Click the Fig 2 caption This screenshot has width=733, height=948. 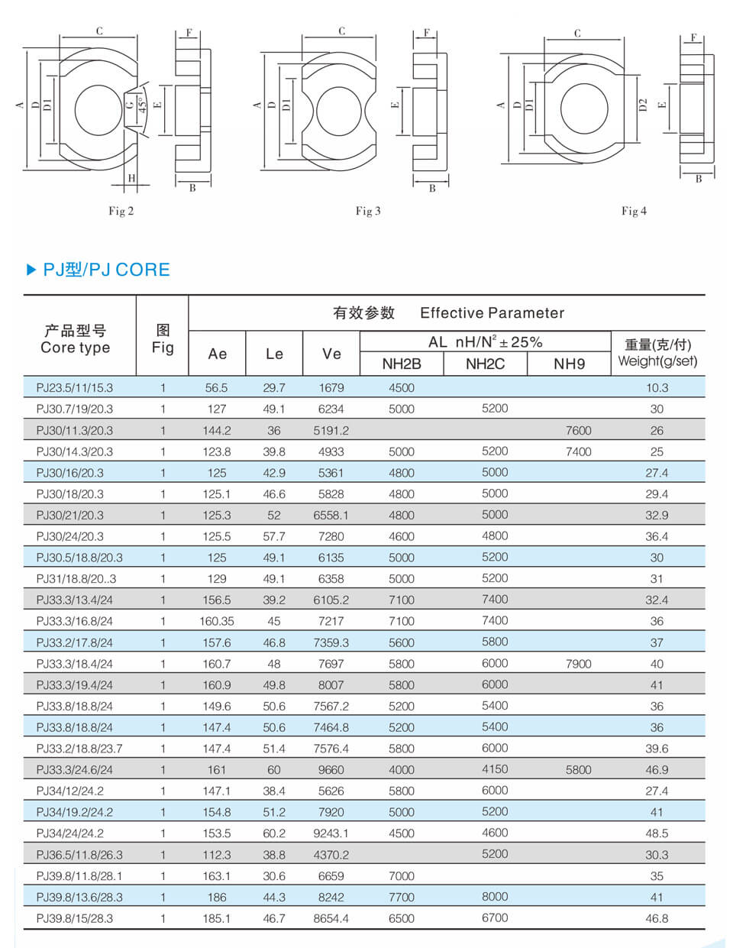121,211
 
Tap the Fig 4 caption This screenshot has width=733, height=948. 634,211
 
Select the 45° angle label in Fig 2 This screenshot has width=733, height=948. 142,105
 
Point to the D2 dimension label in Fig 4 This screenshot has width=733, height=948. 643,105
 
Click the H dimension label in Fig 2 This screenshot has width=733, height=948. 131,178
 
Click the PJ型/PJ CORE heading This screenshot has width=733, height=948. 106,270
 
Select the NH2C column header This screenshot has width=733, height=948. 485,364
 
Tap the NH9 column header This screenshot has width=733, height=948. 569,364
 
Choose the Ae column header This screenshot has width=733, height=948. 218,354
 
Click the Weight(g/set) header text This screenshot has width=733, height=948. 657,361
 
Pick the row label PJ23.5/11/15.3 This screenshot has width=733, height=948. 74,388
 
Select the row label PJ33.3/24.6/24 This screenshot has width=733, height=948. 74,770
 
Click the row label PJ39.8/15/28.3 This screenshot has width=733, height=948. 74,918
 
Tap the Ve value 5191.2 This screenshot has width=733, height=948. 331,431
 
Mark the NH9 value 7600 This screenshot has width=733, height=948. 578,431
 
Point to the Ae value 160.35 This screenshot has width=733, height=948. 217,622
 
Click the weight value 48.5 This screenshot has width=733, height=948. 657,833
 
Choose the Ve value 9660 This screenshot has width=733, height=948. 331,770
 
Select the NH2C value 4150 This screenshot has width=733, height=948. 495,769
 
